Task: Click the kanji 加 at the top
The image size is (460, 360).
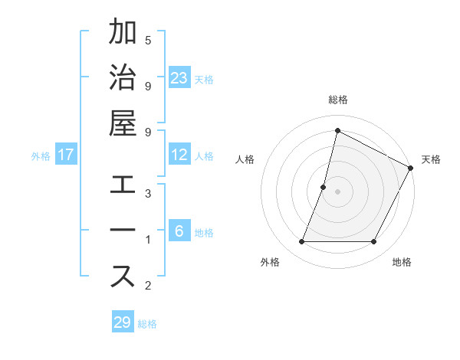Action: (x=123, y=32)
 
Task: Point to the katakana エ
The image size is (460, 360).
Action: (x=123, y=185)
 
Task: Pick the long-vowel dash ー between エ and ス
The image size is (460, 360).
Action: (x=123, y=231)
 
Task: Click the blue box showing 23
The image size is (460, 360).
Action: (x=179, y=77)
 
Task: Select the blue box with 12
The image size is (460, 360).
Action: (x=179, y=155)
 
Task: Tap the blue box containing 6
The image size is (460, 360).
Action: (x=179, y=231)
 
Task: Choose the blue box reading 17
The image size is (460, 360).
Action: (x=66, y=155)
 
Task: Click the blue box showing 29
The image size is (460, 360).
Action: (x=123, y=322)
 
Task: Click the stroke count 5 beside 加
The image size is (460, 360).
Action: (x=148, y=41)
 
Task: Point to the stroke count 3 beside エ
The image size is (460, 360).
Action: (x=148, y=194)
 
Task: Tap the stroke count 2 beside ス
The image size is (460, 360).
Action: (x=148, y=286)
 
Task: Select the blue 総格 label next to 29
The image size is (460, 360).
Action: (x=148, y=324)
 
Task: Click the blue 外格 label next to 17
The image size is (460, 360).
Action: (x=41, y=156)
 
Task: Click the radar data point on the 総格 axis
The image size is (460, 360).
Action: (x=337, y=131)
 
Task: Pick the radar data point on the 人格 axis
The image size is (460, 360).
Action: (x=324, y=187)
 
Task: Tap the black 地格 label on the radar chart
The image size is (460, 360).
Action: (x=402, y=262)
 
